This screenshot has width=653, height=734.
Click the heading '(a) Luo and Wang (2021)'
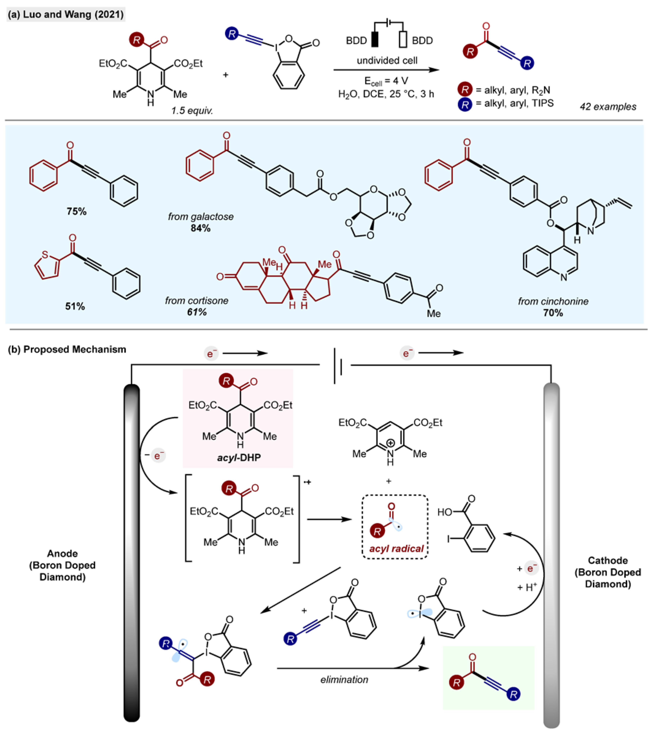(66, 15)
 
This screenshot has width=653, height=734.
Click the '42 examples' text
(608, 107)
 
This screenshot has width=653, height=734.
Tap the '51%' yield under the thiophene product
(75, 306)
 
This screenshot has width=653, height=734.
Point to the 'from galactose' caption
(201, 216)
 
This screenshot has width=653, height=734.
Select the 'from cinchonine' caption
(553, 301)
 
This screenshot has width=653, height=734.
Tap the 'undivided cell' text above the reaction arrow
(387, 60)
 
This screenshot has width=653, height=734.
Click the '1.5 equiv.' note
(192, 111)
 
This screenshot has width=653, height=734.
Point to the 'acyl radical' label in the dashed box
(396, 549)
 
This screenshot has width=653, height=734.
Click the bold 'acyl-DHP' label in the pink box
(239, 457)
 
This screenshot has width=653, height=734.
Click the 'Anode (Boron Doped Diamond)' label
(62, 565)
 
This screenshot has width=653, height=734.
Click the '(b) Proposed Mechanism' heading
(67, 349)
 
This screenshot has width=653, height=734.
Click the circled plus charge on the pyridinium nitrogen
(391, 444)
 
